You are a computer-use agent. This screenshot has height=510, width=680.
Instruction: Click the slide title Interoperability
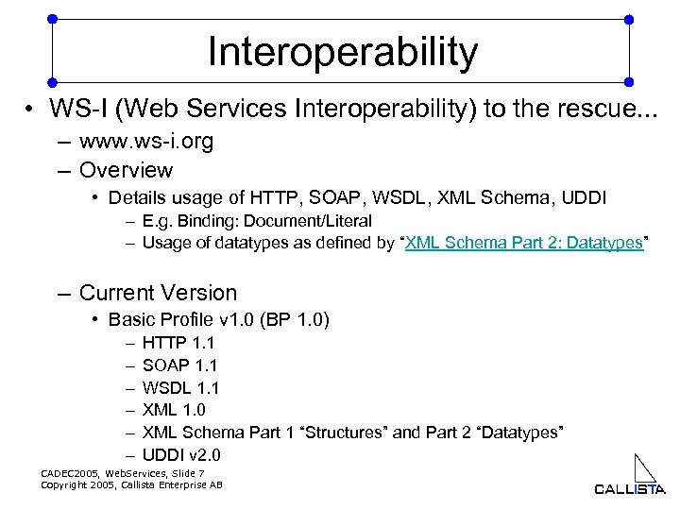point(343,52)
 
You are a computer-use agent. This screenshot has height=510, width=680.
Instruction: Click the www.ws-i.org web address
point(146,142)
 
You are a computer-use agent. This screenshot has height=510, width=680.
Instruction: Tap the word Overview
point(126,171)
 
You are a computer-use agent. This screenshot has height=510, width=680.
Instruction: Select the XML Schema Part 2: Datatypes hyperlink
point(524,244)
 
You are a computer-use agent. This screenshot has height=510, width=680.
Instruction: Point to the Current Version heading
point(158,293)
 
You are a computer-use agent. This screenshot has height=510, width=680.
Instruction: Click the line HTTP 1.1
point(178,342)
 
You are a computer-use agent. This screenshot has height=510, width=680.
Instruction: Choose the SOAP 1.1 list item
point(180,365)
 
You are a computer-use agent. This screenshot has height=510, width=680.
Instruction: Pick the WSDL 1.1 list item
point(180,387)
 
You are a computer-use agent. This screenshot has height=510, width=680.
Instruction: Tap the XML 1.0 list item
point(174,410)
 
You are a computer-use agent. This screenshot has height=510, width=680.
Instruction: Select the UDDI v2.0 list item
point(180,454)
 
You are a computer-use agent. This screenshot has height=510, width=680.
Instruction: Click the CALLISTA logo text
point(629,489)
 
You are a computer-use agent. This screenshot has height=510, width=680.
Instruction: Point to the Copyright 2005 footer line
point(131,484)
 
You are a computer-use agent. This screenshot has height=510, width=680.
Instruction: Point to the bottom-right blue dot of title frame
point(630,80)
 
